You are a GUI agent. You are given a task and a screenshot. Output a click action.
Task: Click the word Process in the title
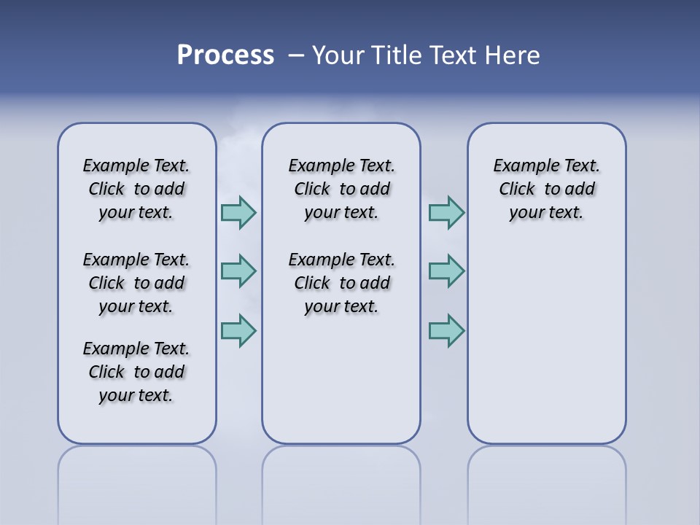point(225,55)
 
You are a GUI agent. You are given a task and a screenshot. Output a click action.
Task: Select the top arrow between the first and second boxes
point(238,212)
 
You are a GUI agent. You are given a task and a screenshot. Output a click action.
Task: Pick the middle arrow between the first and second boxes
point(238,271)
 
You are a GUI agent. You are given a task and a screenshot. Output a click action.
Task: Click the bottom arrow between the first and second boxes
point(238,330)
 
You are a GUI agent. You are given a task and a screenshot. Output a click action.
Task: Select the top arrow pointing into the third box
point(446,212)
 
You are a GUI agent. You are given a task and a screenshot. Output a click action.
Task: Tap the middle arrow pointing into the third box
point(446,271)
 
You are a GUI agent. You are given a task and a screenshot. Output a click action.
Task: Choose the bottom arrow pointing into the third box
point(446,330)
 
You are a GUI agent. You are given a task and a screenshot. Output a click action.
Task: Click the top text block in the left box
point(136,189)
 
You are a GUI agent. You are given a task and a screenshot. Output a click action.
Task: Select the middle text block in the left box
point(136,283)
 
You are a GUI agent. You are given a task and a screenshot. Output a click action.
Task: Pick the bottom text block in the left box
point(136,372)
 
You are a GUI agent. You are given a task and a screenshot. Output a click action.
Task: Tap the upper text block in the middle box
point(341,189)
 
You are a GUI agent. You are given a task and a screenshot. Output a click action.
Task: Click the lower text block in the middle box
point(341,283)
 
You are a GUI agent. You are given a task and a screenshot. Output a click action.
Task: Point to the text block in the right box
point(547,189)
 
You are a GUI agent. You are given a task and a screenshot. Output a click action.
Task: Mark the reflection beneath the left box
point(137,478)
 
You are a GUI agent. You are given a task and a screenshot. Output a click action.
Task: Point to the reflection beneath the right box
point(547,478)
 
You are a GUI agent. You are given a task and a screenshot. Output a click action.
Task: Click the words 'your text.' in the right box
point(547,213)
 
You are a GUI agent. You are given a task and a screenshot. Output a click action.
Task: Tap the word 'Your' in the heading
point(338,55)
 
